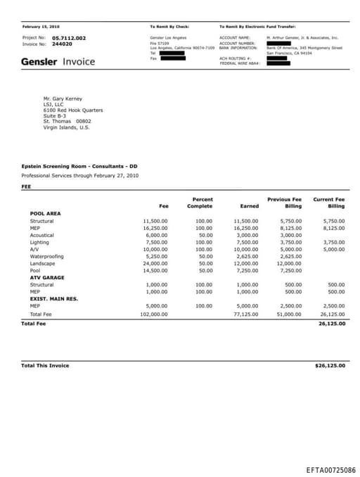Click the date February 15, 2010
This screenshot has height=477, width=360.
tap(41, 26)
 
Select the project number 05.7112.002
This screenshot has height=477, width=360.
tap(69, 37)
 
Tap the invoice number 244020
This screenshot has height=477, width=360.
tap(63, 44)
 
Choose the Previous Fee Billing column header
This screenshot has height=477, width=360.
tap(284, 203)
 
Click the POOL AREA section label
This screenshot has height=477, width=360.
tap(45, 213)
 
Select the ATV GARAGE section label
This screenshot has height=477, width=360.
tap(46, 277)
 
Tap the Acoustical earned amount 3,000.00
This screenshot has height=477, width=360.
tap(246, 235)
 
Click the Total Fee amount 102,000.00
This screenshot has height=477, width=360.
tap(154, 314)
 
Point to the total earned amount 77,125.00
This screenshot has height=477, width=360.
tap(245, 314)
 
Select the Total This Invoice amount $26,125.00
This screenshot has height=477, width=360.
tap(329, 366)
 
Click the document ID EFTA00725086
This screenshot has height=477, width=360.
tap(330, 469)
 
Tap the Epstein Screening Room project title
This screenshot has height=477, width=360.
tap(79, 166)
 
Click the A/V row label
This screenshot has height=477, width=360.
tap(34, 249)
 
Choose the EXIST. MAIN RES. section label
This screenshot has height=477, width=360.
tap(53, 298)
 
